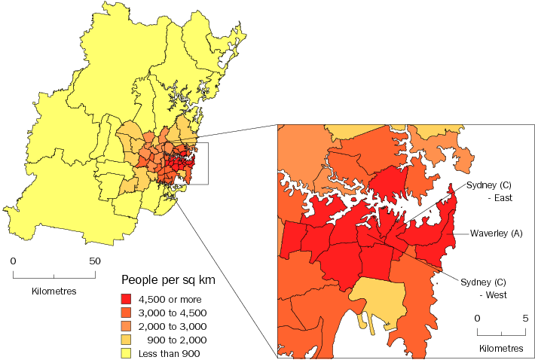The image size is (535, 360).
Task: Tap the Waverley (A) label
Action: click(497, 233)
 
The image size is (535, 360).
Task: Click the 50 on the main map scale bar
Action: click(95, 261)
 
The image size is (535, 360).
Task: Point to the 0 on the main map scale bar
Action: click(13, 261)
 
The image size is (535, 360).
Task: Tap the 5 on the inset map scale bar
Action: click(525, 319)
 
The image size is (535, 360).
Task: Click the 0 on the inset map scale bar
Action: click(477, 319)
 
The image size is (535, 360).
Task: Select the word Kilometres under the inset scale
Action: click(501, 349)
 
